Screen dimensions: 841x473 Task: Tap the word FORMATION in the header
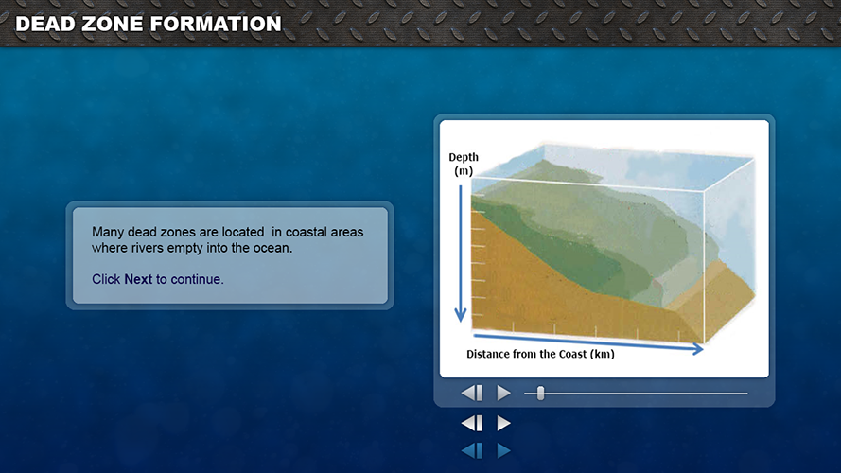click(216, 24)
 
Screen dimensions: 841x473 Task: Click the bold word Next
click(138, 279)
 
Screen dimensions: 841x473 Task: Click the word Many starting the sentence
click(108, 232)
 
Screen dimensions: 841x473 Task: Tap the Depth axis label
click(464, 157)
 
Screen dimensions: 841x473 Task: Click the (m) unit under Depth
click(464, 171)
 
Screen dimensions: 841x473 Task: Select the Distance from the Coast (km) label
click(541, 354)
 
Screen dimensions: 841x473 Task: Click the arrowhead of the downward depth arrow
click(460, 315)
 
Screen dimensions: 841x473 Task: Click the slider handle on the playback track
click(541, 394)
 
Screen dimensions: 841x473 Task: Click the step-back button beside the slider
click(472, 394)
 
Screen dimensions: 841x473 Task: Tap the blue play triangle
click(503, 450)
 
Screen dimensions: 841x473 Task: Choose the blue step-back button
click(472, 450)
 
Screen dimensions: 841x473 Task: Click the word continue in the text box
click(196, 279)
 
